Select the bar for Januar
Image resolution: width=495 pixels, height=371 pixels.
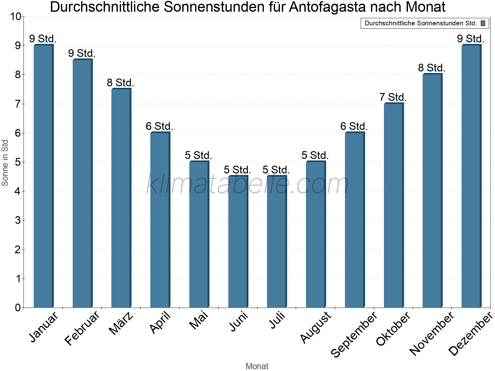[43, 176]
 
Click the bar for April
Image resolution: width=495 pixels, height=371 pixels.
[160, 220]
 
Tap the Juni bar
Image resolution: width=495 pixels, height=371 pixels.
[238, 241]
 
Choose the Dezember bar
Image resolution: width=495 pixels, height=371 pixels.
[471, 176]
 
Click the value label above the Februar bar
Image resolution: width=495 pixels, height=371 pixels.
[82, 53]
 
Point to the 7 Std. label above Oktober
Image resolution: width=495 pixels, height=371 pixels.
[393, 97]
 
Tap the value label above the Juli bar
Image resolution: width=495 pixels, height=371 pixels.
[276, 170]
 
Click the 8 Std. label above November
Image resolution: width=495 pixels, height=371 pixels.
[432, 68]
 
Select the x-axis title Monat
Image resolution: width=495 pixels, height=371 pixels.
[257, 366]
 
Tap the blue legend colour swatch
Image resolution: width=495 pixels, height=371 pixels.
[483, 23]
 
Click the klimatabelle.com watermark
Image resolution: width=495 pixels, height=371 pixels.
[247, 184]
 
